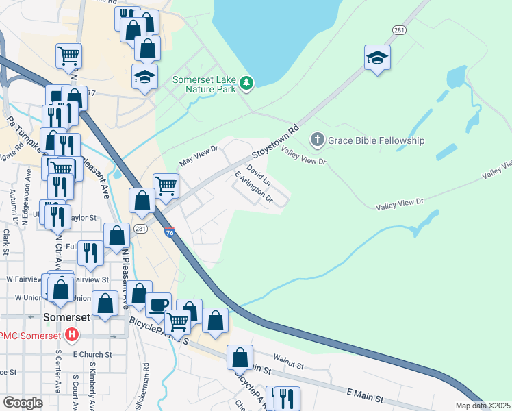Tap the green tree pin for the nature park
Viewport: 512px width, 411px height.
coord(246,84)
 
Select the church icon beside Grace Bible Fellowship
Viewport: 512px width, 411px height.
coord(317,140)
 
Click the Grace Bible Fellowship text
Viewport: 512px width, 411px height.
coord(376,140)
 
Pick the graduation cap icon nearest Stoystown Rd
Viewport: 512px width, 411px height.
coord(376,59)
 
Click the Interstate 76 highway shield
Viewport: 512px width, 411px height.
coord(169,233)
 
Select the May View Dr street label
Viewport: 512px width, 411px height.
coord(198,155)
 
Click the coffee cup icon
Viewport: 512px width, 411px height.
coord(158,303)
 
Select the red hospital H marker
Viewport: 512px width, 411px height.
coord(71,335)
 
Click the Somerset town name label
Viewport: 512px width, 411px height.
coord(66,318)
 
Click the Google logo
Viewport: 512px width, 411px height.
coord(23,403)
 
